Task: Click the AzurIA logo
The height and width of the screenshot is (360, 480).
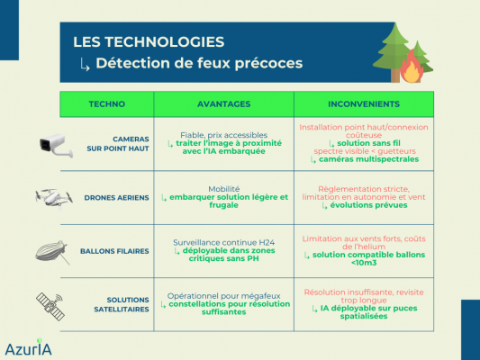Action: pos(29,347)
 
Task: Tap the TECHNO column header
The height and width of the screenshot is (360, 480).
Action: pos(107,104)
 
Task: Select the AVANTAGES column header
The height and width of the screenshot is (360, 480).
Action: pos(223,104)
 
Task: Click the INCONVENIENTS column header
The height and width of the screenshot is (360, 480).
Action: pos(364,104)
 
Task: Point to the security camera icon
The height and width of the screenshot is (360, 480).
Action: pos(57,146)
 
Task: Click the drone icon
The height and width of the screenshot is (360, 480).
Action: pos(54,198)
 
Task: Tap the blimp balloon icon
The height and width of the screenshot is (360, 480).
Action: pos(52,252)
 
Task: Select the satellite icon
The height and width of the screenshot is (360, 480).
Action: pos(50,306)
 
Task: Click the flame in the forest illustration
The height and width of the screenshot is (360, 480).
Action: pos(412,68)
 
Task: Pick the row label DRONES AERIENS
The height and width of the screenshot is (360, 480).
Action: pos(117,198)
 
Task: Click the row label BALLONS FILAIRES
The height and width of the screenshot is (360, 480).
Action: pos(114,251)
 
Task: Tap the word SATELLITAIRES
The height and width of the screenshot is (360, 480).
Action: pos(122,310)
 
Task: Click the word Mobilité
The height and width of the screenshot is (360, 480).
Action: pos(223,189)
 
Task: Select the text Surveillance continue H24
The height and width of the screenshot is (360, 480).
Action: pos(223,242)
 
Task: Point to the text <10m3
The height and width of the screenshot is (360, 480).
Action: pos(364,263)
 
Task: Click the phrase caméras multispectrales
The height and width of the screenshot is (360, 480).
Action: pos(368,159)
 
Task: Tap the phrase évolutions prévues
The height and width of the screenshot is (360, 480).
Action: pos(368,205)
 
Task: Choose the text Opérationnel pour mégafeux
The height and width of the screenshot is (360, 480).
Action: pos(223,296)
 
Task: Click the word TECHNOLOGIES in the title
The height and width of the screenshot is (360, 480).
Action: pos(165,42)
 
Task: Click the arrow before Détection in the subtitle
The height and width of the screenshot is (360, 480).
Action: pos(85,65)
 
